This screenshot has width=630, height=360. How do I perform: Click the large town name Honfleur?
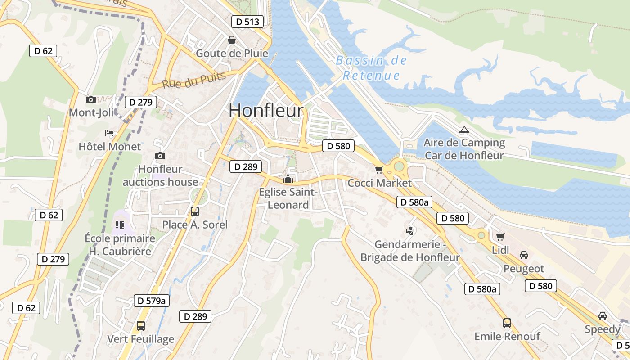point(266,110)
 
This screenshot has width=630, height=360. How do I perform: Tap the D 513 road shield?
point(247,22)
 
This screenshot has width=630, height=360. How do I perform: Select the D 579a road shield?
point(152,301)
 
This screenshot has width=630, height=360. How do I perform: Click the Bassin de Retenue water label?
point(371,67)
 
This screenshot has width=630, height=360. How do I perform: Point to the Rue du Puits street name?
point(193,80)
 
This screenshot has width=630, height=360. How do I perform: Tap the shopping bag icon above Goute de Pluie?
point(231,40)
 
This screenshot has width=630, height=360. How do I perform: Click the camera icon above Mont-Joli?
point(91,99)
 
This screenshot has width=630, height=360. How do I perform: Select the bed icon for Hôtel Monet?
point(109,133)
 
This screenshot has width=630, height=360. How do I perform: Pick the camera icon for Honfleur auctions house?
point(160,156)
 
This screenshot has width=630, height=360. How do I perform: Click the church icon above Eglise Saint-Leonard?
point(288,179)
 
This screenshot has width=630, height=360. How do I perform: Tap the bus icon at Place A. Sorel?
point(195,211)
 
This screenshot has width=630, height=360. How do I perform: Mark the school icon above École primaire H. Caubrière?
point(119,224)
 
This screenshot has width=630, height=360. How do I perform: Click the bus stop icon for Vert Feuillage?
point(141,325)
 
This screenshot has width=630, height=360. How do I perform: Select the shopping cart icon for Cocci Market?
point(379,170)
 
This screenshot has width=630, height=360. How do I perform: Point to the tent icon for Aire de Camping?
point(464,130)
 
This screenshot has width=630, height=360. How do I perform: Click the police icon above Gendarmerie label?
point(409,231)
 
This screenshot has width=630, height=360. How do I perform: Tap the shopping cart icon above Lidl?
point(500,237)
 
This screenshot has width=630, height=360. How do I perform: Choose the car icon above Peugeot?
point(523,255)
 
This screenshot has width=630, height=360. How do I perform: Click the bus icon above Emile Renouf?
point(507,323)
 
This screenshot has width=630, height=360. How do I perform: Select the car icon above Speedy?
point(603,315)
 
